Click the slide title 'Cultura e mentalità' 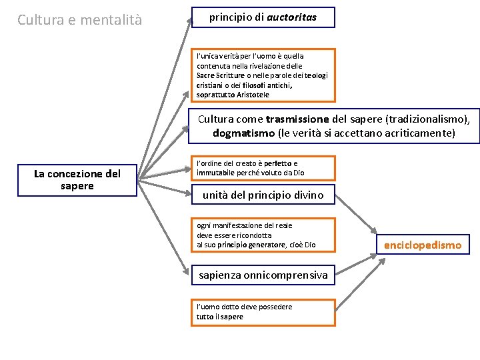(79, 19)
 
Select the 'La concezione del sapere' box (77, 180)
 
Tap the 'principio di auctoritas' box (263, 18)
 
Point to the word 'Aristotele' (252, 95)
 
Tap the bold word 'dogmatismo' (244, 133)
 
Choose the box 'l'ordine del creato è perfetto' (263, 168)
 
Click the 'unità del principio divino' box (263, 195)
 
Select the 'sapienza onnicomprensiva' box (263, 275)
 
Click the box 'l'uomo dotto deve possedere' (263, 311)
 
